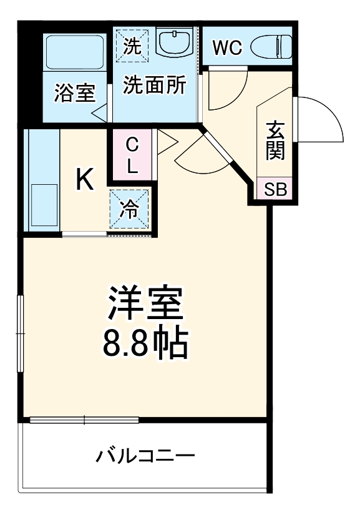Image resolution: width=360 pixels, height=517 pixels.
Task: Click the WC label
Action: [226, 47]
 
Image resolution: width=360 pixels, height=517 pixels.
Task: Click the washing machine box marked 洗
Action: [132, 44]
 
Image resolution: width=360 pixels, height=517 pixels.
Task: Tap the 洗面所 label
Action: [153, 86]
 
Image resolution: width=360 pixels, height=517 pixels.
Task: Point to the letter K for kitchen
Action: [85, 180]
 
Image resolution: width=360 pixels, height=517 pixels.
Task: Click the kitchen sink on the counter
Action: [43, 205]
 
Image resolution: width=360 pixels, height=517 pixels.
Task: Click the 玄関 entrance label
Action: [276, 141]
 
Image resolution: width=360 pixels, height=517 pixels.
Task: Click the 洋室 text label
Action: [146, 303]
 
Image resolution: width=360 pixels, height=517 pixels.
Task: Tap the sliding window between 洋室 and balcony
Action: [85, 420]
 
